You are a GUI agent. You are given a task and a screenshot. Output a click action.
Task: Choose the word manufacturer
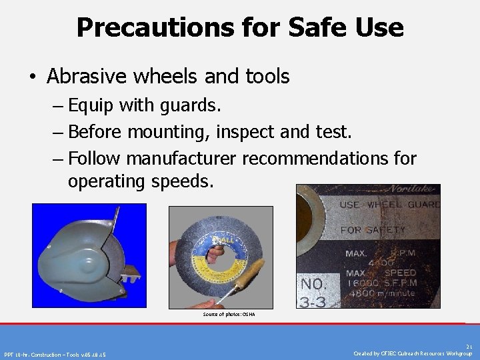click(182, 159)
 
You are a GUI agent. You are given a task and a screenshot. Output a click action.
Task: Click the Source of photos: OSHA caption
click(229, 314)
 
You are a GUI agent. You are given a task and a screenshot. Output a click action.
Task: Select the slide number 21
click(469, 347)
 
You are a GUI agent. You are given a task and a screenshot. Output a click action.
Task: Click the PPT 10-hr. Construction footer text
click(55, 354)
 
